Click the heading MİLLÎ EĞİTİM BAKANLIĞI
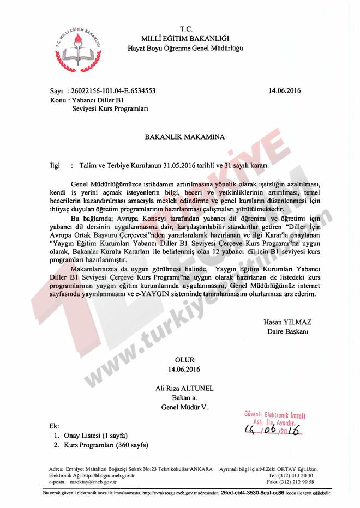click(185, 38)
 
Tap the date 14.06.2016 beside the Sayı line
click(285, 91)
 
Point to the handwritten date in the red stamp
click(273, 431)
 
